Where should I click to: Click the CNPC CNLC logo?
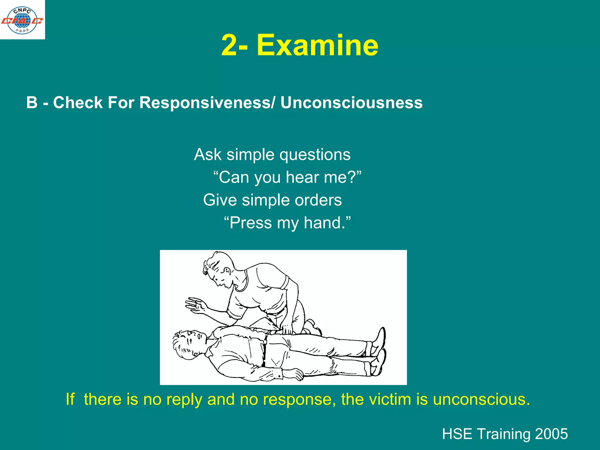(x=22, y=20)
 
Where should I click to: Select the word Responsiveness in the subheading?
(x=205, y=103)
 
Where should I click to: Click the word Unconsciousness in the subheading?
(x=351, y=103)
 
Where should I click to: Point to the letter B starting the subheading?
(x=32, y=103)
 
